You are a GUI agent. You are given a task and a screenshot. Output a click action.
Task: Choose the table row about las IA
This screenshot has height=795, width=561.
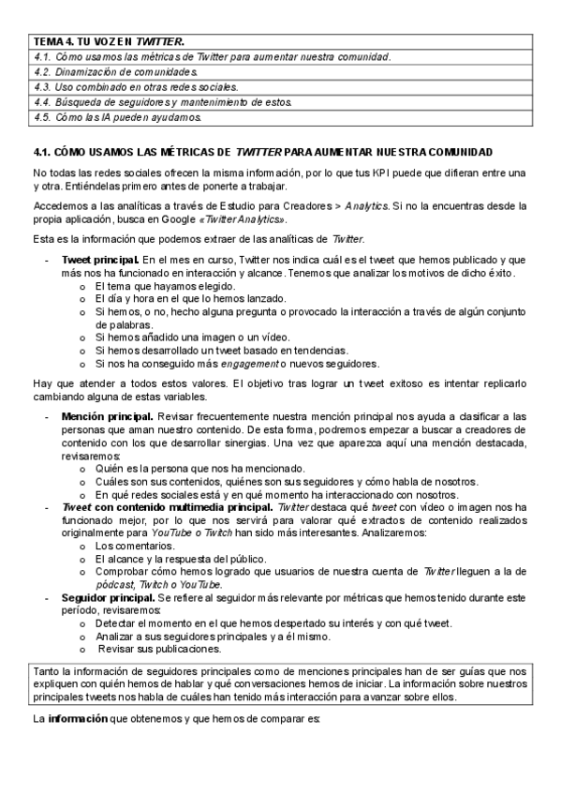(x=118, y=117)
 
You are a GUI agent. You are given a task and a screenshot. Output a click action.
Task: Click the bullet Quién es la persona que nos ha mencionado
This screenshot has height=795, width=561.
(x=208, y=466)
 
